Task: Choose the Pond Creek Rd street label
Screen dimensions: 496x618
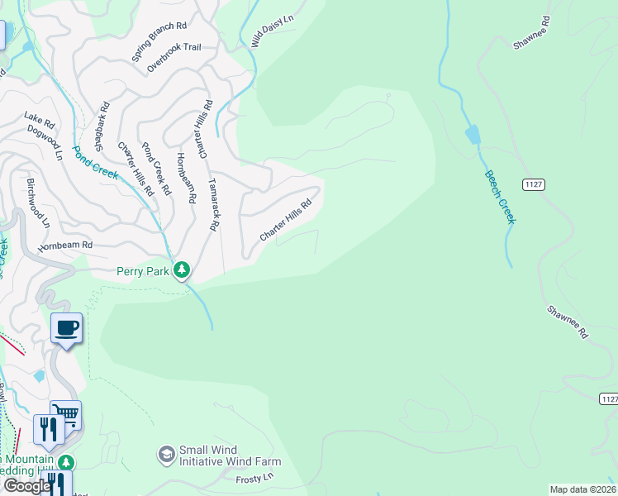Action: click(155, 169)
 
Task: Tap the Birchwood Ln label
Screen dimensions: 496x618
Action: click(38, 203)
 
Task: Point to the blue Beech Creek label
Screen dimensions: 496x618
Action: click(500, 197)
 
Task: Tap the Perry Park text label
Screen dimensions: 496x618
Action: click(142, 270)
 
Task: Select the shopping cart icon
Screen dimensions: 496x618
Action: click(65, 415)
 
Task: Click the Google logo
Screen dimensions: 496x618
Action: click(26, 486)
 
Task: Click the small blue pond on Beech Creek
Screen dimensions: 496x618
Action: click(472, 135)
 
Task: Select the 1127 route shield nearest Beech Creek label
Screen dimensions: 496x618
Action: click(533, 184)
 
